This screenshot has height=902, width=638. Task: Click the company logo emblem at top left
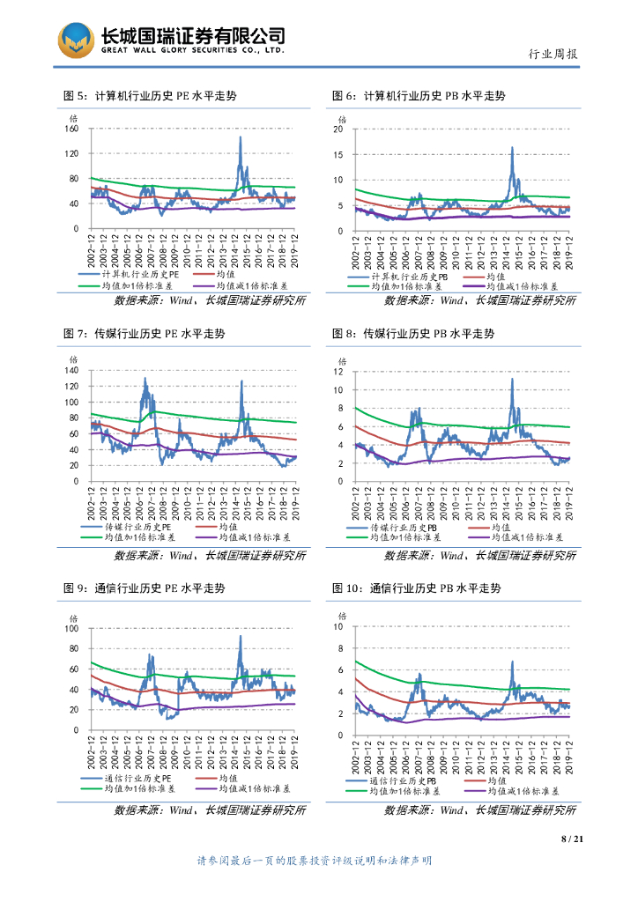tap(76, 40)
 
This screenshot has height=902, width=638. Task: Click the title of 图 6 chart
tap(418, 95)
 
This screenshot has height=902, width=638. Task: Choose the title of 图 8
tap(412, 334)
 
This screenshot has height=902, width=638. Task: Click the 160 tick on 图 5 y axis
tap(72, 129)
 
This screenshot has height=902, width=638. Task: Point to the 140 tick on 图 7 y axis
tap(72, 370)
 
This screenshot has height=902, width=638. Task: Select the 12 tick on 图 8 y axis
tap(337, 372)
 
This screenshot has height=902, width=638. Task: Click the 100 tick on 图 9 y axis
tap(72, 629)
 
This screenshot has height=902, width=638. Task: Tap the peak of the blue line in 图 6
tap(512, 147)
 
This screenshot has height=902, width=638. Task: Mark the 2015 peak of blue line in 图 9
tap(241, 636)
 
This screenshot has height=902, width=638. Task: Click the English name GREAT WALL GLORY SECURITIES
tap(192, 51)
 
